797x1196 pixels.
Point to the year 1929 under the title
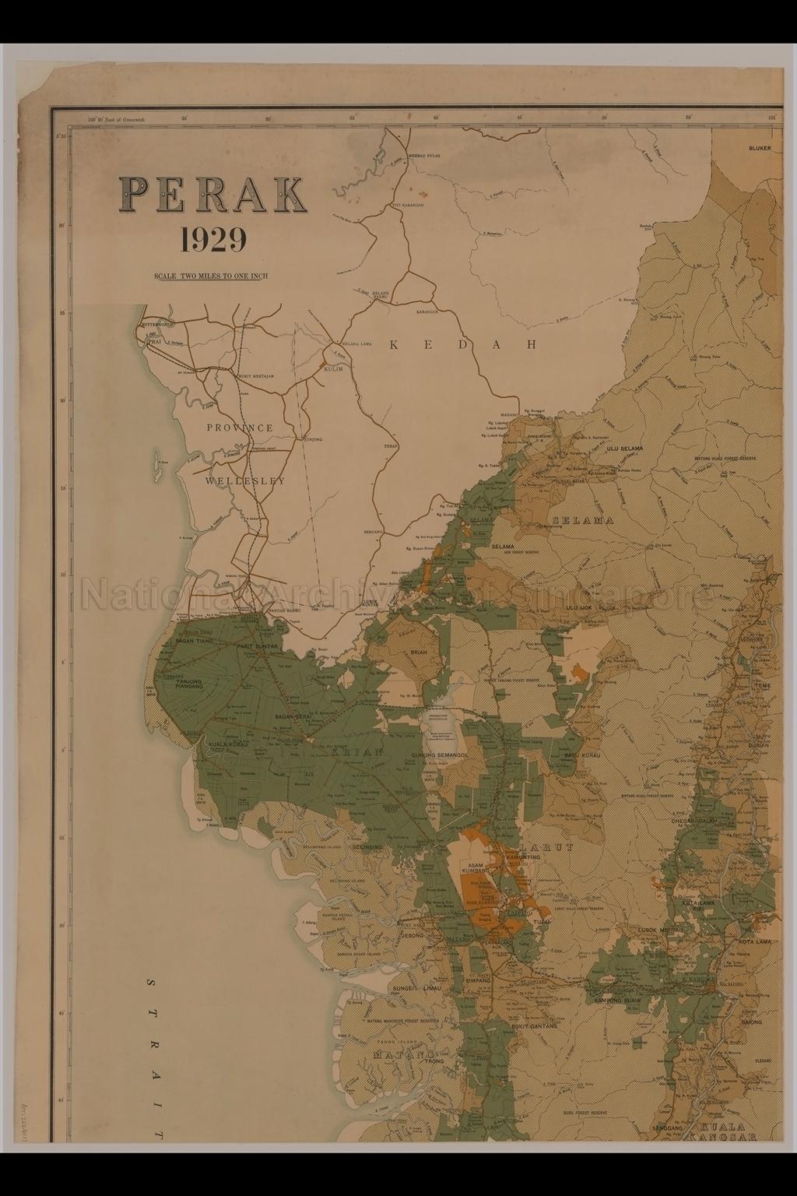click(212, 240)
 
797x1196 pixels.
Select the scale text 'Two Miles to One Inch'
click(212, 276)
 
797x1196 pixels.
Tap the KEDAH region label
click(464, 345)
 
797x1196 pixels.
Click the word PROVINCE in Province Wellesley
click(240, 427)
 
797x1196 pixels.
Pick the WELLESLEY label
click(244, 481)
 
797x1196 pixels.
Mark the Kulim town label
click(334, 368)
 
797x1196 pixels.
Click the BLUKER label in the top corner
click(759, 148)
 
